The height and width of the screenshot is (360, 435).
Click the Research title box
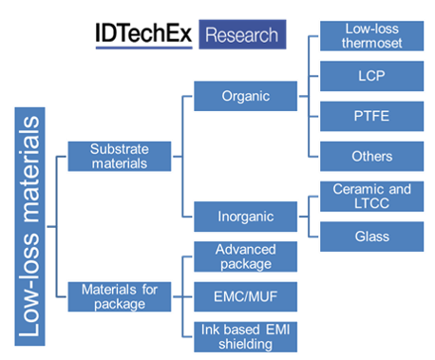[242, 35]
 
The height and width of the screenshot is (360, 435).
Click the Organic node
[245, 96]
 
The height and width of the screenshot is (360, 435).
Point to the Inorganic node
[245, 217]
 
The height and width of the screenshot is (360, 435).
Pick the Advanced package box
[245, 256]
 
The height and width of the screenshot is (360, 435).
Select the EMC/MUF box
[245, 295]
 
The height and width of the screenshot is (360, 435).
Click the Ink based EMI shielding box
[245, 335]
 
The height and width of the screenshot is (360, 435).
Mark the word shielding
[245, 344]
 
